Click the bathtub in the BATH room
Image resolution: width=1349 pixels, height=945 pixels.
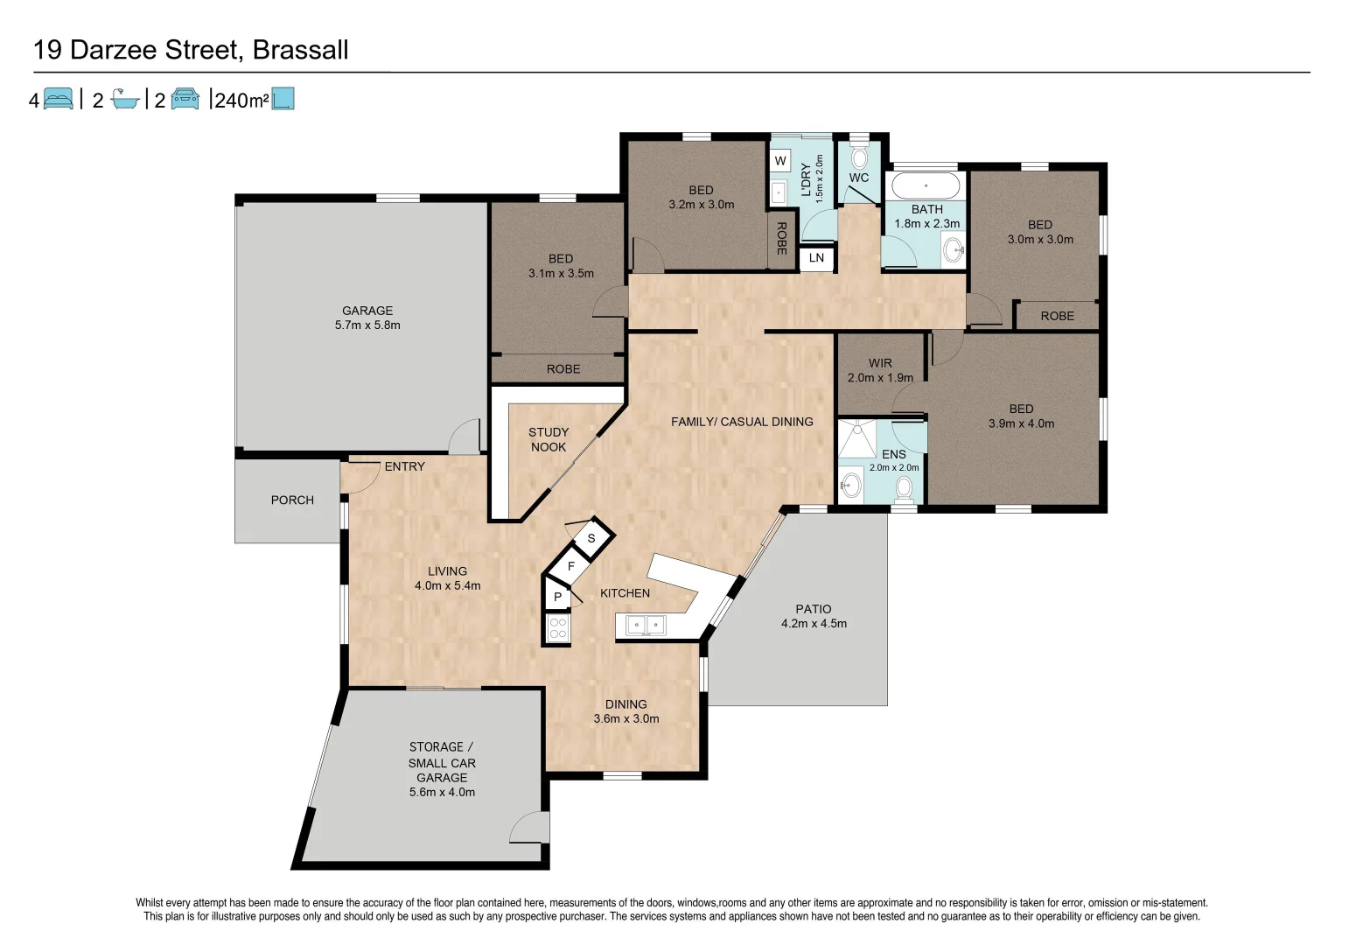click(926, 186)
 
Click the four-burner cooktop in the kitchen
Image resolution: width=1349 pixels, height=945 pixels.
click(557, 628)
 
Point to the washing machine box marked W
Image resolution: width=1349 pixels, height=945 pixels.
click(780, 161)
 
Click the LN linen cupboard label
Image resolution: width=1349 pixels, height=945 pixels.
click(816, 258)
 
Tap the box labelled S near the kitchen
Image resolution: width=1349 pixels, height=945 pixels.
click(591, 538)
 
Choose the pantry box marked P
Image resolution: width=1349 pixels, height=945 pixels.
click(557, 596)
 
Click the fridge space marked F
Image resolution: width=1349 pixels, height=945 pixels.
click(571, 566)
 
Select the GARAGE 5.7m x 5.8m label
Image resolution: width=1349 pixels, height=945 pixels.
click(367, 318)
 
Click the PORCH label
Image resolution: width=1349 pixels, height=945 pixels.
click(292, 500)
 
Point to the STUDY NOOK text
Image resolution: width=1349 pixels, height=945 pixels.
click(548, 439)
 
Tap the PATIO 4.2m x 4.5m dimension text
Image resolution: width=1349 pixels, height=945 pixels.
click(814, 616)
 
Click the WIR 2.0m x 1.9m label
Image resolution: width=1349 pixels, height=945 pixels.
click(880, 370)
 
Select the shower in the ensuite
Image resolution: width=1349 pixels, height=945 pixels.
click(857, 439)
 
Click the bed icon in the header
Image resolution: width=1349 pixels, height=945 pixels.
click(59, 99)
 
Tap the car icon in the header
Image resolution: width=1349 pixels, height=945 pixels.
click(185, 99)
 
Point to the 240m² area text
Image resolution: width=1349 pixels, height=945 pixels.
click(241, 100)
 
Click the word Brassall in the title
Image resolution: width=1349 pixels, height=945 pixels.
click(301, 50)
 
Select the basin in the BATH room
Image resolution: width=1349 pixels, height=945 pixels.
click(954, 249)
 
